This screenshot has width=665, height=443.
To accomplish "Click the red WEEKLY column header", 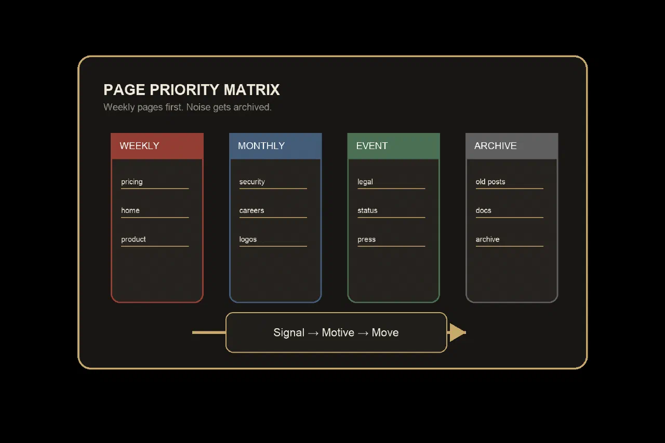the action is click(x=157, y=146).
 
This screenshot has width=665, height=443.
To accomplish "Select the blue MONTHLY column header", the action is click(x=275, y=146).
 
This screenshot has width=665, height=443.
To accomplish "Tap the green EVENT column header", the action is click(x=394, y=146).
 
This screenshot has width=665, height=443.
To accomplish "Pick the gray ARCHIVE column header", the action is click(x=512, y=146).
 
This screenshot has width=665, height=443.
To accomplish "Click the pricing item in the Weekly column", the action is click(x=132, y=182).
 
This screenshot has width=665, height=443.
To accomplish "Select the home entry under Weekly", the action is click(x=130, y=210).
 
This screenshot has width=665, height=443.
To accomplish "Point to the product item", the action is click(x=134, y=239).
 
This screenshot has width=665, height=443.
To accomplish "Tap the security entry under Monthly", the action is click(x=252, y=182).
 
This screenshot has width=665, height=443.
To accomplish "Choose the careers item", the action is click(x=251, y=210).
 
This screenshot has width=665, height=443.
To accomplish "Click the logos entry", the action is click(x=248, y=239).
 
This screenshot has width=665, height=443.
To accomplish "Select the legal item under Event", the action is click(x=365, y=182).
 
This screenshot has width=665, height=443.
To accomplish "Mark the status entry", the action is click(x=367, y=210).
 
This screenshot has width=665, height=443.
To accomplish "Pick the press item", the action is click(x=366, y=239).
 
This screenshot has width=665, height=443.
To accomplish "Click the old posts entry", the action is click(x=490, y=182).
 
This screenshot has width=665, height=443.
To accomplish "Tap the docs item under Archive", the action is click(x=483, y=210).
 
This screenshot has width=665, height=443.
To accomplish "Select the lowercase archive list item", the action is click(x=487, y=239).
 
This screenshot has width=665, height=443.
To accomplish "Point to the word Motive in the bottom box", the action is click(x=338, y=332).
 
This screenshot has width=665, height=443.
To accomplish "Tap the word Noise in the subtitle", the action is click(x=198, y=107).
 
